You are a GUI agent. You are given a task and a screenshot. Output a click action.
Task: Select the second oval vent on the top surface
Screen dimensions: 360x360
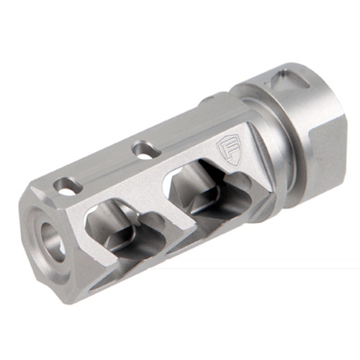pyautogui.click(x=146, y=150)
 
